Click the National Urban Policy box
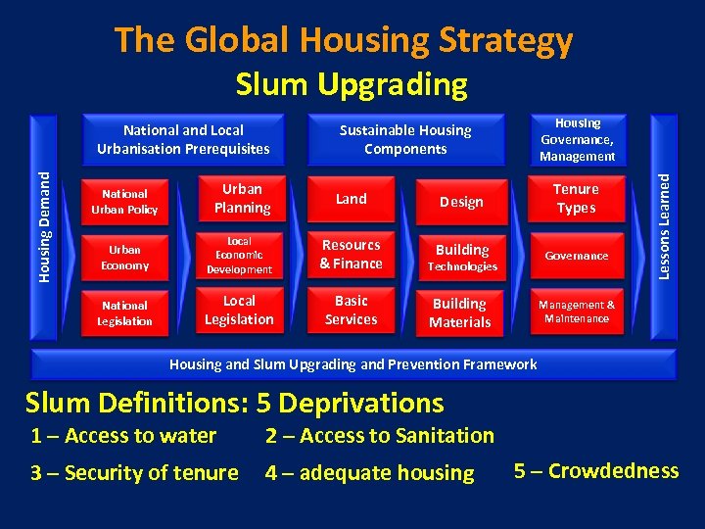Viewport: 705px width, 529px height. (124, 202)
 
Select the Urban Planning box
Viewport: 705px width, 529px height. (241, 199)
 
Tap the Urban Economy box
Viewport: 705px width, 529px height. (124, 258)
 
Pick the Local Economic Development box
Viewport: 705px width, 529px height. (239, 256)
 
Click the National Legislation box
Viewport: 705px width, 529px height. (124, 313)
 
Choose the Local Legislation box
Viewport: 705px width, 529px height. (239, 310)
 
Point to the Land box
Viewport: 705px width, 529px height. (351, 199)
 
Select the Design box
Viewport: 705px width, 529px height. (461, 202)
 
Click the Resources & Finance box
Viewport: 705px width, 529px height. (351, 255)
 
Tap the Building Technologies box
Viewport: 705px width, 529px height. (461, 257)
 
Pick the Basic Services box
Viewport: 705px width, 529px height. (351, 310)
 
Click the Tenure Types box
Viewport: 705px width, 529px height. (576, 199)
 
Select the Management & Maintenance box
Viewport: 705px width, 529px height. (577, 312)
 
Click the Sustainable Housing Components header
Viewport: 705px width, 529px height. (404, 139)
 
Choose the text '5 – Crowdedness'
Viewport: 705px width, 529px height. (595, 471)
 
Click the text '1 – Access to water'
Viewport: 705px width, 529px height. (123, 436)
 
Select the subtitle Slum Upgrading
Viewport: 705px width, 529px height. (352, 84)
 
